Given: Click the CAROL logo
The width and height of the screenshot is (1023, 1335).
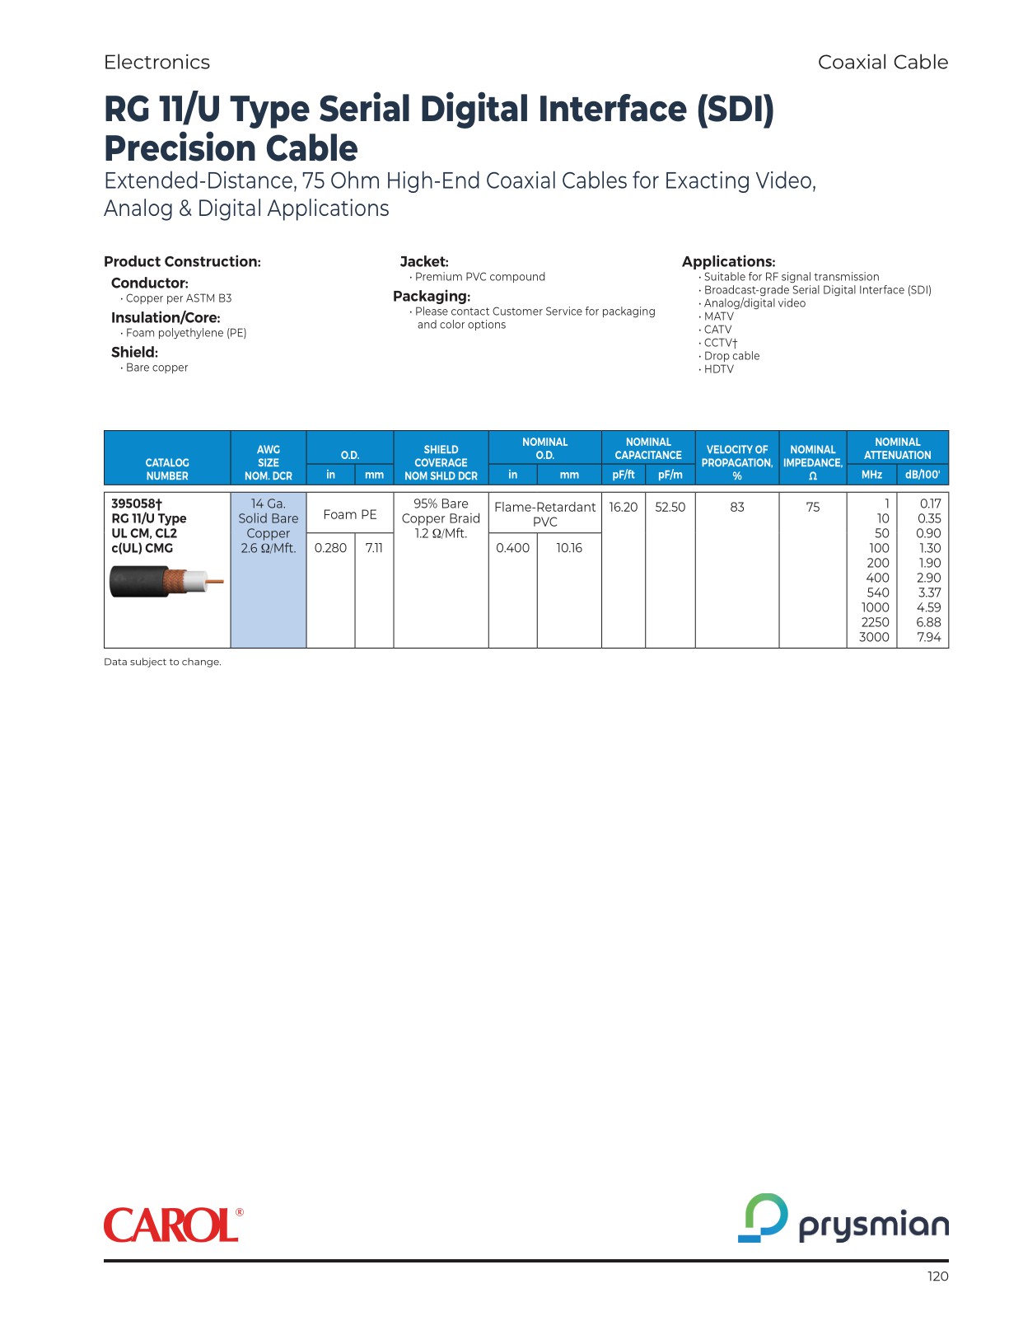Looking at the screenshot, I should tap(173, 1225).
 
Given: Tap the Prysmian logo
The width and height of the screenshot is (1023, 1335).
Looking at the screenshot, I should tap(843, 1220).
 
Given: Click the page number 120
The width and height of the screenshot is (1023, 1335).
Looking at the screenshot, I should tap(937, 1276).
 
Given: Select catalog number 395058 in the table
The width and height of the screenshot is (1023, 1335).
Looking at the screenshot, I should tap(137, 504).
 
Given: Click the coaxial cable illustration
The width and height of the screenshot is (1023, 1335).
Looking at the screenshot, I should tap(166, 582).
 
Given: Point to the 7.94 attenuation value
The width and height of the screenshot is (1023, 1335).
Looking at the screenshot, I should tap(928, 637).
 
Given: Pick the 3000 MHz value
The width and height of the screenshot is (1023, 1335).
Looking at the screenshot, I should tap(874, 637).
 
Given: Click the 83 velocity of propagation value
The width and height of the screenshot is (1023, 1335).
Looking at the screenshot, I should tap(737, 508).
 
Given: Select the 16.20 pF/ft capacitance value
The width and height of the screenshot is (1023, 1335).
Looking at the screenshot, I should tap(624, 508).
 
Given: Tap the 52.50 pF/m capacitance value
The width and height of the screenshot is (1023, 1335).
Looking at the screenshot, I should tap(670, 508).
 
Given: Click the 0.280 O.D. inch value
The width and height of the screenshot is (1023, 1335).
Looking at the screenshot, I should tap(330, 548).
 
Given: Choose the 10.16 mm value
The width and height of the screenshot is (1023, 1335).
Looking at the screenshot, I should tap(569, 548).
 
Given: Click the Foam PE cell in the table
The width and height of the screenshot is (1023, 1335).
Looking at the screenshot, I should tap(350, 514).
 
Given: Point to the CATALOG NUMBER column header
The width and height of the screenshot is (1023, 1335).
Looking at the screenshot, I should tap(167, 469).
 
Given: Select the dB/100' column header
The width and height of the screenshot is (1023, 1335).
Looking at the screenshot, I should tap(922, 475).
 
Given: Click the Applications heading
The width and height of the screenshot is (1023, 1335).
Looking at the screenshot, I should tap(728, 261).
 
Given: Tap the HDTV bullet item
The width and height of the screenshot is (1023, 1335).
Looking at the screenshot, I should tap(718, 369).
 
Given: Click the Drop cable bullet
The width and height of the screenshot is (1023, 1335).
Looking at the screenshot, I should tap(731, 356).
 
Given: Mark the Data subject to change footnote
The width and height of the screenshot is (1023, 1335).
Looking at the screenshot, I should tap(162, 662).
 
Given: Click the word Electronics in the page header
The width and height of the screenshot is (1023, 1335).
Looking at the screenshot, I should tap(156, 62).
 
